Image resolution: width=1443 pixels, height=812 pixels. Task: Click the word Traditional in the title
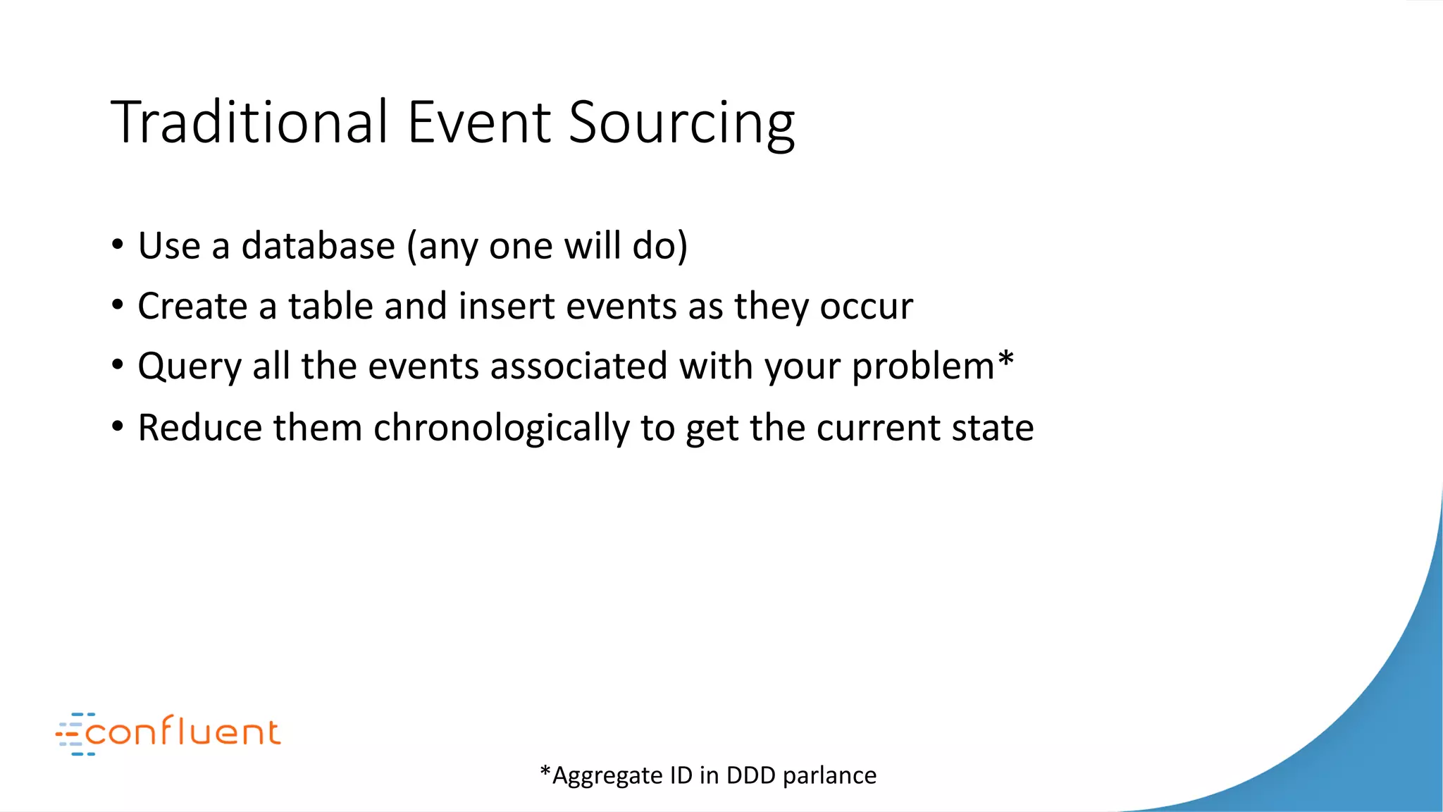[x=250, y=123]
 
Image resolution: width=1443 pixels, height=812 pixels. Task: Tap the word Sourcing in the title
[x=681, y=124]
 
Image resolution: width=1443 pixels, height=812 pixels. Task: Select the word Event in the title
[x=478, y=123]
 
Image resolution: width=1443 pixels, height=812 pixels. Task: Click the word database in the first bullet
[x=318, y=246]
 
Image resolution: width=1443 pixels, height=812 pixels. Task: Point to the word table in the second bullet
[x=330, y=306]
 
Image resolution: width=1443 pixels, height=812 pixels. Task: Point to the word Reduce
[x=200, y=428]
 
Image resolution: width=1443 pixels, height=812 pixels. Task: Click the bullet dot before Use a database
[x=118, y=245]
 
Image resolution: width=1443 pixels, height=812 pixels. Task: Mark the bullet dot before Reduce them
[x=118, y=426]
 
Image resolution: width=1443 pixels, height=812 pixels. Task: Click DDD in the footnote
[x=750, y=775]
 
